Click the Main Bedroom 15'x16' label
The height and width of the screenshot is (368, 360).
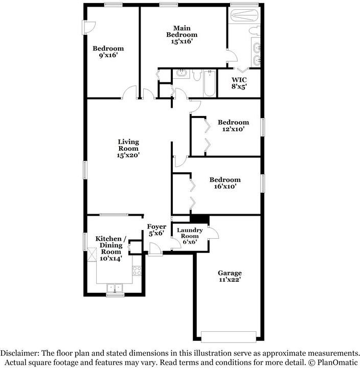tap(182, 35)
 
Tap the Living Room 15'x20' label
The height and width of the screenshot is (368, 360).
tap(128, 148)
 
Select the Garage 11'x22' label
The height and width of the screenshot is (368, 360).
tap(230, 276)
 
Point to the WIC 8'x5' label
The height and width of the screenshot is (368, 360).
tap(239, 83)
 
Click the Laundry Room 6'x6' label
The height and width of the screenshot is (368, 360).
tap(190, 236)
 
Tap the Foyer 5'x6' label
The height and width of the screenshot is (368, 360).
tap(156, 230)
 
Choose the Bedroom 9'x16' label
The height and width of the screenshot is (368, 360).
tap(108, 52)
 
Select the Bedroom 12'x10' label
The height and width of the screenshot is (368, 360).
tap(233, 126)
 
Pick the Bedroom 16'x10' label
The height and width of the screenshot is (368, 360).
tap(225, 183)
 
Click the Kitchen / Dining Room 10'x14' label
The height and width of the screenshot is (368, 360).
tap(111, 248)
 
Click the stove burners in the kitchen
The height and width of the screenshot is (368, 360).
tap(137, 270)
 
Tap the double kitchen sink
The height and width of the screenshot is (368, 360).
tap(115, 288)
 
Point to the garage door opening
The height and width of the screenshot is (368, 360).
tap(229, 337)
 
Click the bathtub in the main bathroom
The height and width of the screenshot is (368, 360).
tap(244, 15)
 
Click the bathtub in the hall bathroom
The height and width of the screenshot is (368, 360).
tap(209, 83)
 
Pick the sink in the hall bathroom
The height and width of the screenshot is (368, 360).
tap(182, 73)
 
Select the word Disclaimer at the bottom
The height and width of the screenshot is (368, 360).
tap(20, 353)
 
